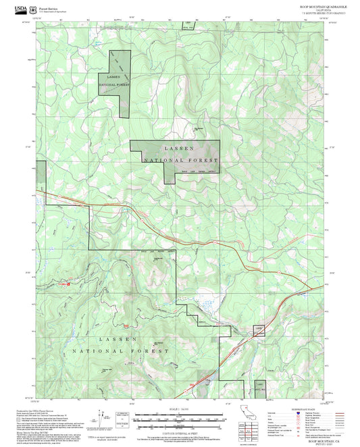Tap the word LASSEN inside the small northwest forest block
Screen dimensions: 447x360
[x=113, y=78]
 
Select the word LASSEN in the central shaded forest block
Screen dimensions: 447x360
[x=179, y=148]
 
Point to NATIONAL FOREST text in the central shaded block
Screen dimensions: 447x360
[x=181, y=161]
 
